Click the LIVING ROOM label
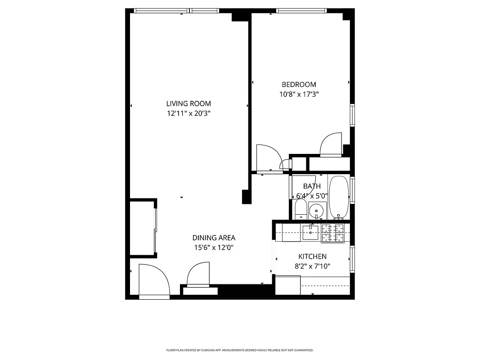pos(188,103)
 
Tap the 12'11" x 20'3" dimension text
pos(188,114)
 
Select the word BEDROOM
pos(299,85)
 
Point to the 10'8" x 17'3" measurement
pos(299,94)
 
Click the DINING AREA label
pos(214,238)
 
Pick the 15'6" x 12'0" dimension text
pos(214,247)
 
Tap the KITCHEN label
pos(312,256)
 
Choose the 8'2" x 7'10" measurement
pos(312,266)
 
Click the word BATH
pos(312,186)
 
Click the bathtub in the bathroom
pos(339,197)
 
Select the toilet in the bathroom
pos(301,210)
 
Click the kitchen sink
pos(310,233)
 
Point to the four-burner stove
pos(333,233)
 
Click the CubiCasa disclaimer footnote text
pos(240,350)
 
